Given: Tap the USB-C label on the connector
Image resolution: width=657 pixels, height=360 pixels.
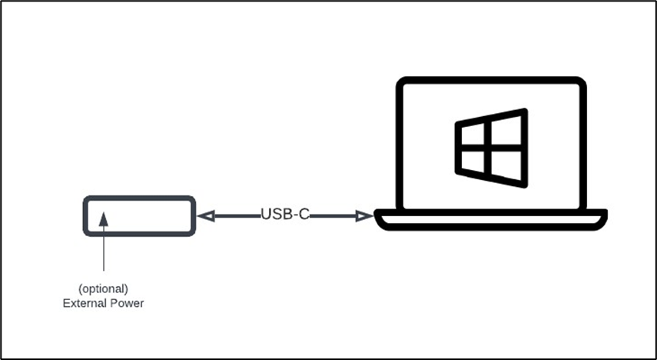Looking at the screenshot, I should (285, 215).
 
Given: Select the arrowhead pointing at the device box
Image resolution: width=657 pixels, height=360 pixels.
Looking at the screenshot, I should (204, 216).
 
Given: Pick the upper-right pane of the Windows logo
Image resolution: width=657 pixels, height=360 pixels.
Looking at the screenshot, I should (508, 128).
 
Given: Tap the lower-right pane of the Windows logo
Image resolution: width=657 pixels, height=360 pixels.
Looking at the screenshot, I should (508, 166).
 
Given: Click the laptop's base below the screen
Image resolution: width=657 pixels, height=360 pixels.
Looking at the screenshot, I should (491, 221).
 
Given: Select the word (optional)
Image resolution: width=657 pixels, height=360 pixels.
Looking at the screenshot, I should (103, 288).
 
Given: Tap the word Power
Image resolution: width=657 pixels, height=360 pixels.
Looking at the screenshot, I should (127, 303).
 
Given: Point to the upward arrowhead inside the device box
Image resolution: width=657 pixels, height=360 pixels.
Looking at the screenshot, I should (103, 218).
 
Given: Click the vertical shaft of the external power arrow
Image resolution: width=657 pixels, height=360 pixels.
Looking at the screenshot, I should (103, 254).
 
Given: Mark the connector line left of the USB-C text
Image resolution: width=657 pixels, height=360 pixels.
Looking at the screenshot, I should (234, 216).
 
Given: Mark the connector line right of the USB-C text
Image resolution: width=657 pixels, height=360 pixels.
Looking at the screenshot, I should (334, 216).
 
